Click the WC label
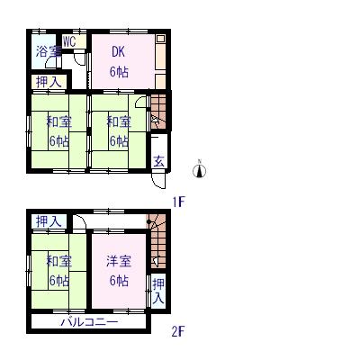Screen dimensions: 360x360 point(69,41)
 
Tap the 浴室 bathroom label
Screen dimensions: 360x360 point(49,51)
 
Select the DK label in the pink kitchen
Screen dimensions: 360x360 point(118,52)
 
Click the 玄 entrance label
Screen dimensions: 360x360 point(159,162)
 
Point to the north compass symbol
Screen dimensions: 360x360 point(199,170)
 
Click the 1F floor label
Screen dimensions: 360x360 point(178,202)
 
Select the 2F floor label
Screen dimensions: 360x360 point(177,331)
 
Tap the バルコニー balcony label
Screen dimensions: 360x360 point(89,322)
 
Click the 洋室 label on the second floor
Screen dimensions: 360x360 point(119,261)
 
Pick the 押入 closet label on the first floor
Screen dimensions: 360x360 point(49,82)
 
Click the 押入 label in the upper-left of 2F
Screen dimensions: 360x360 point(49,221)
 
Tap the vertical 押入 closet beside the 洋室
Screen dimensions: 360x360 point(158,291)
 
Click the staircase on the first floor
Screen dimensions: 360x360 point(158,112)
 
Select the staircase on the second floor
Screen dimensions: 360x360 point(157,241)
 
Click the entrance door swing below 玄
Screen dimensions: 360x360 point(158,181)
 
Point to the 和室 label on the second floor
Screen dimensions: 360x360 point(58,261)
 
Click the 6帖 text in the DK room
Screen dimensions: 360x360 point(119,72)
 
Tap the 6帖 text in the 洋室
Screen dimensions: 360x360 point(119,281)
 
